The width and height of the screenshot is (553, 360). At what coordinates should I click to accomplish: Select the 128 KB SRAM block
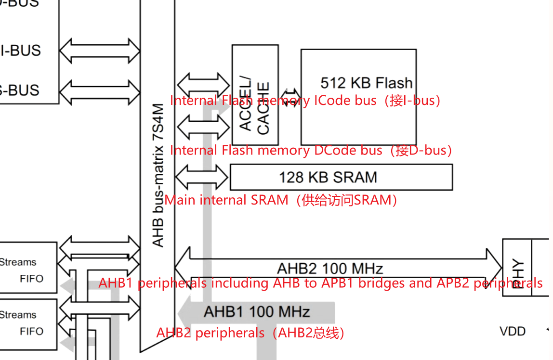click(341, 177)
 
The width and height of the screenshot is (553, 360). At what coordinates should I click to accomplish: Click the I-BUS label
click(22, 51)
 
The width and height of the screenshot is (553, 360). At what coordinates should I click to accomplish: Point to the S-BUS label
click(19, 90)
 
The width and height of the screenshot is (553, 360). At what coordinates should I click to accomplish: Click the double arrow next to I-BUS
click(100, 51)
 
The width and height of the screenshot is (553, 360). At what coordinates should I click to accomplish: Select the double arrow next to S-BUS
click(100, 90)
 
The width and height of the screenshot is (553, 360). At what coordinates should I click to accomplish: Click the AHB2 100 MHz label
click(330, 268)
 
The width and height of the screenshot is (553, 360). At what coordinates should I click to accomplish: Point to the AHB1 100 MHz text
click(256, 311)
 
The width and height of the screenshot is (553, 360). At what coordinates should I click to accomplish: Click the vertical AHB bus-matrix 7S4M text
click(158, 176)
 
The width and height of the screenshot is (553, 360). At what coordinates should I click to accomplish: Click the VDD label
click(513, 331)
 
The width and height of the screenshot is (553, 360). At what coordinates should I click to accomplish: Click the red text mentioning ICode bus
click(305, 101)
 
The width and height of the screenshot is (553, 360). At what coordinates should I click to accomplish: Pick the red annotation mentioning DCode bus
click(311, 150)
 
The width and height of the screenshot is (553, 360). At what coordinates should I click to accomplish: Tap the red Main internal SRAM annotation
click(281, 200)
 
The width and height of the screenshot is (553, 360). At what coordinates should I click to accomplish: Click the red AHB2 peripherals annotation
click(250, 333)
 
